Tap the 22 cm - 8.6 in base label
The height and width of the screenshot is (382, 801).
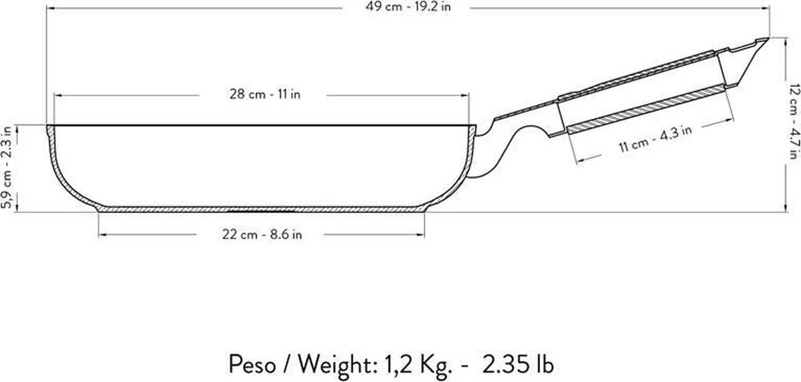262,234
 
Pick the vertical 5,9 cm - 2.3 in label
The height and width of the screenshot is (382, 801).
7,168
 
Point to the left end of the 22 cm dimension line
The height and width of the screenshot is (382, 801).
99,234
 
